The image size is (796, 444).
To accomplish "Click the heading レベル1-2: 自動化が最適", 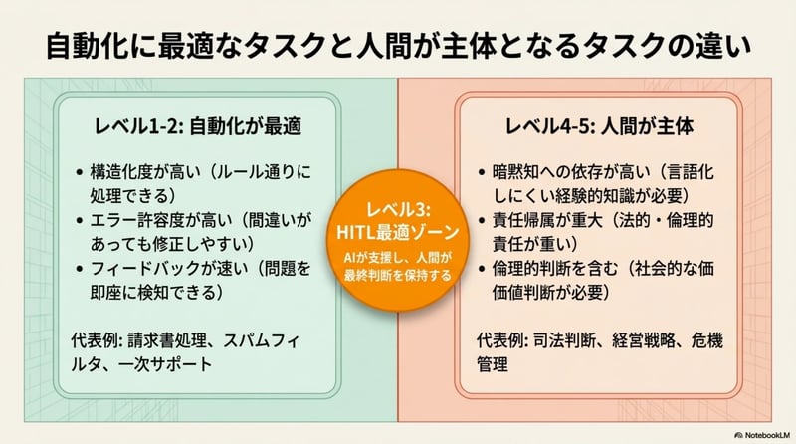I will click(198, 127).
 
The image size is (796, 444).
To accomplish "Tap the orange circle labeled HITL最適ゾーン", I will click(397, 238).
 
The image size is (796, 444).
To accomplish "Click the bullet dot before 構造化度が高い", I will click(80, 170).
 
